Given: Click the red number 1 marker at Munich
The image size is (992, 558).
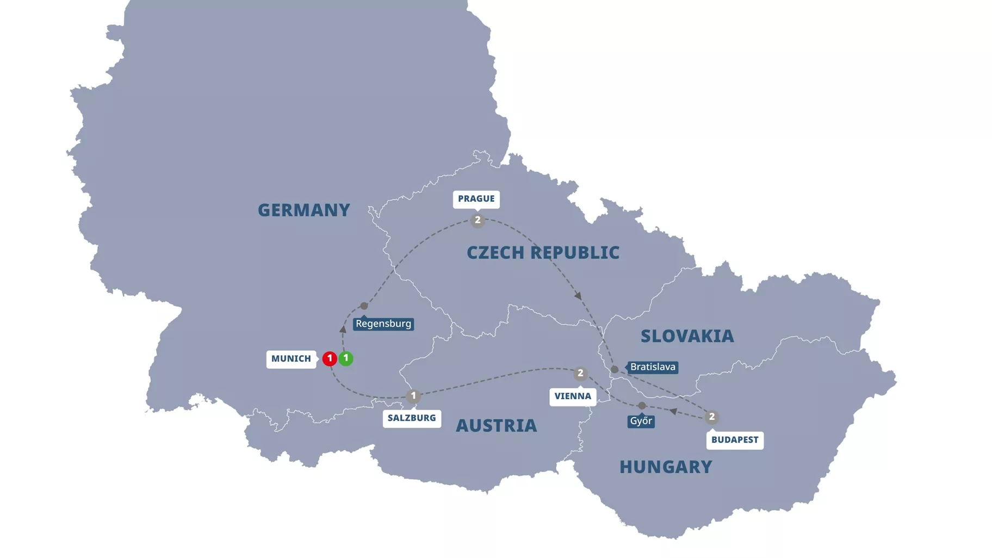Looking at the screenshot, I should point(329,358).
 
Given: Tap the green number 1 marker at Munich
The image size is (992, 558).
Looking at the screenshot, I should point(346,358).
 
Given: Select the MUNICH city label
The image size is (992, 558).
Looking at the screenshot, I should point(291,359).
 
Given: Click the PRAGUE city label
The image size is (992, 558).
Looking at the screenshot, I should point(476,199).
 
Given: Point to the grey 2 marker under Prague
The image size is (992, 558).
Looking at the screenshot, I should point(478,220).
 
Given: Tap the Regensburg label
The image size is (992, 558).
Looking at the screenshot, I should point(383,324).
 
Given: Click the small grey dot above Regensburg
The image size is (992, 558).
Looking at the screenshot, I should point(364,306).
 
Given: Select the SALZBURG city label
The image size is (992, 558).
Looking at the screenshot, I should point(412,418).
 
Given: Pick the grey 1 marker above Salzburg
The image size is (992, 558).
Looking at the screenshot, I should point(413,396).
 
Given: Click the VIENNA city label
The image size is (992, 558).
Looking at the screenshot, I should point(573,396).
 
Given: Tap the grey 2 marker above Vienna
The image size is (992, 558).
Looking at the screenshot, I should point(580,374).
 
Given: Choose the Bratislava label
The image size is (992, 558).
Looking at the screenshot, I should point(653,367).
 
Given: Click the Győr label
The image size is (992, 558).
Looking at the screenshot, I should point(641,421).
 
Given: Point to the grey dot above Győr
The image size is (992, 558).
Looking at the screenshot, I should point(642,406).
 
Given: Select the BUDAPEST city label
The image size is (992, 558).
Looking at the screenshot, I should point(735,440).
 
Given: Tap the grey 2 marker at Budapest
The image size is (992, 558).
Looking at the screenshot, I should point(711,417).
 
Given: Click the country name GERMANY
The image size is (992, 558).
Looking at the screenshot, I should point(303,210).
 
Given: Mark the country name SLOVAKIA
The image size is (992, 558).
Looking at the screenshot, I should point(687,336).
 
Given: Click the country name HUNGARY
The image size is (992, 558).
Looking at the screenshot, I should point(666,467).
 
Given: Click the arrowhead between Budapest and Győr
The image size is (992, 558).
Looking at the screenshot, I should point(673,412).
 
